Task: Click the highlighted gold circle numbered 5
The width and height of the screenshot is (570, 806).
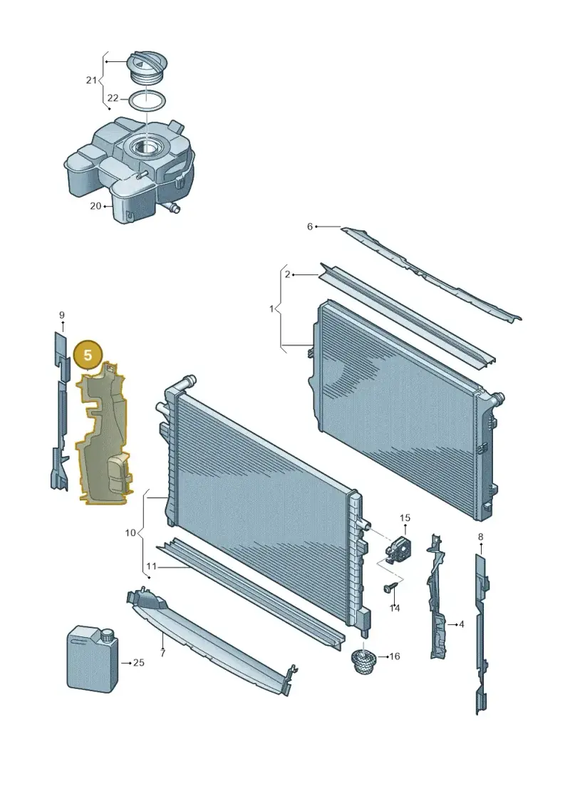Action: (88, 355)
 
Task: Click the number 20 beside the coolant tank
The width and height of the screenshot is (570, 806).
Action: (95, 206)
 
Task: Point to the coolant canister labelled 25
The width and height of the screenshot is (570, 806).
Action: (93, 658)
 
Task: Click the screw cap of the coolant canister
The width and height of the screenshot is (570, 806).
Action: (108, 635)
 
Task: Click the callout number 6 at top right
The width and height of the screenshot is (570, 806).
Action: (309, 226)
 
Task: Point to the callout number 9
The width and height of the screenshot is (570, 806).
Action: (62, 315)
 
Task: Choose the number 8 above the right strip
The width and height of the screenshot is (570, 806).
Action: (480, 537)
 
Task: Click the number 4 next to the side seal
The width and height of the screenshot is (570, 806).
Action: (462, 624)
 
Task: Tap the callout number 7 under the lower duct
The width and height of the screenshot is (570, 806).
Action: (162, 653)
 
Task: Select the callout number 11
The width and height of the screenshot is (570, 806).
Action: (150, 567)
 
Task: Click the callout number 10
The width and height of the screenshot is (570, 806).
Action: (130, 532)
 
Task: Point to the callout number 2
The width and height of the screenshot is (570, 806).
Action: (287, 274)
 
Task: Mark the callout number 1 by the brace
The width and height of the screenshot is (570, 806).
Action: (272, 309)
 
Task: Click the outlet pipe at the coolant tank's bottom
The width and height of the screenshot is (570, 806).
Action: (172, 207)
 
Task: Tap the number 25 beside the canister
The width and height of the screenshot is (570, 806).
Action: (139, 663)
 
